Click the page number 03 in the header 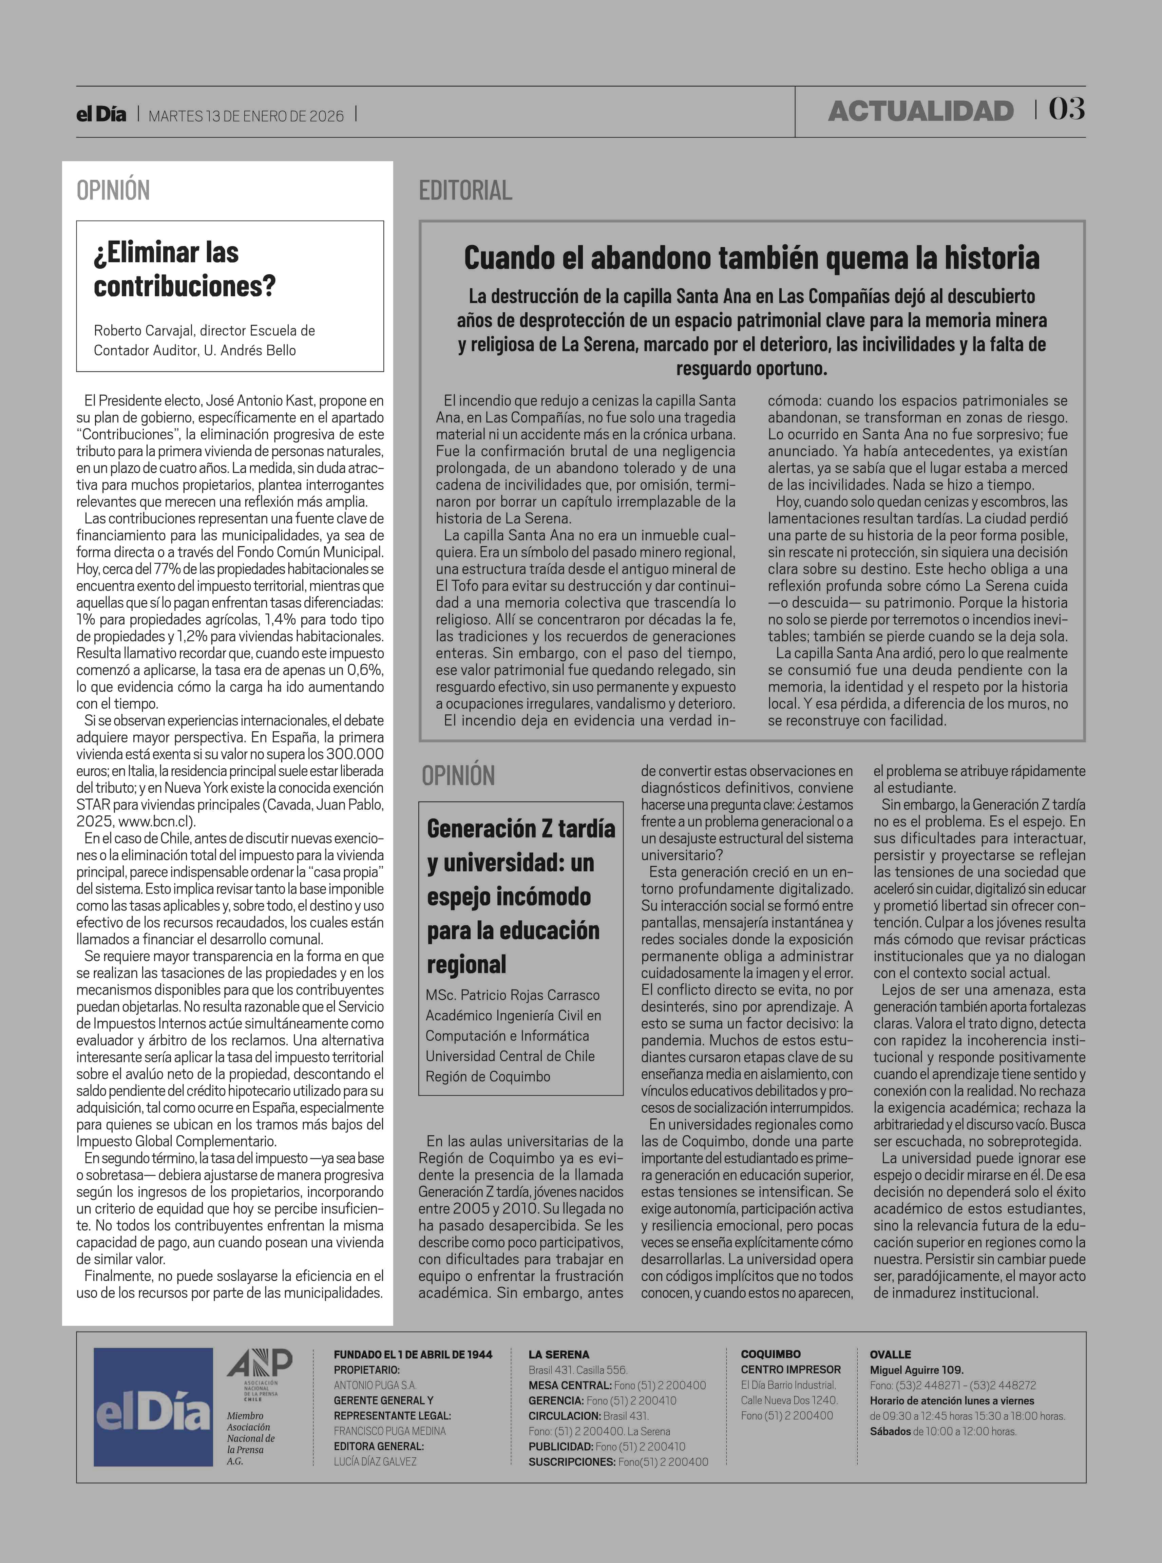pos(1066,109)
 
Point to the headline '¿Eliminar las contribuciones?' pos(184,269)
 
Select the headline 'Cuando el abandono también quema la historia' pos(751,258)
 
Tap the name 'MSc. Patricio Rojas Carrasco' pos(513,995)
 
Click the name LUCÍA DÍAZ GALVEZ pos(375,1462)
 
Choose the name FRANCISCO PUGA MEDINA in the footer pos(390,1431)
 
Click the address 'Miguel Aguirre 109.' pos(916,1370)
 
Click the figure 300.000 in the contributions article pos(355,754)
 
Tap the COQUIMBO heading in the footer pos(770,1354)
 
